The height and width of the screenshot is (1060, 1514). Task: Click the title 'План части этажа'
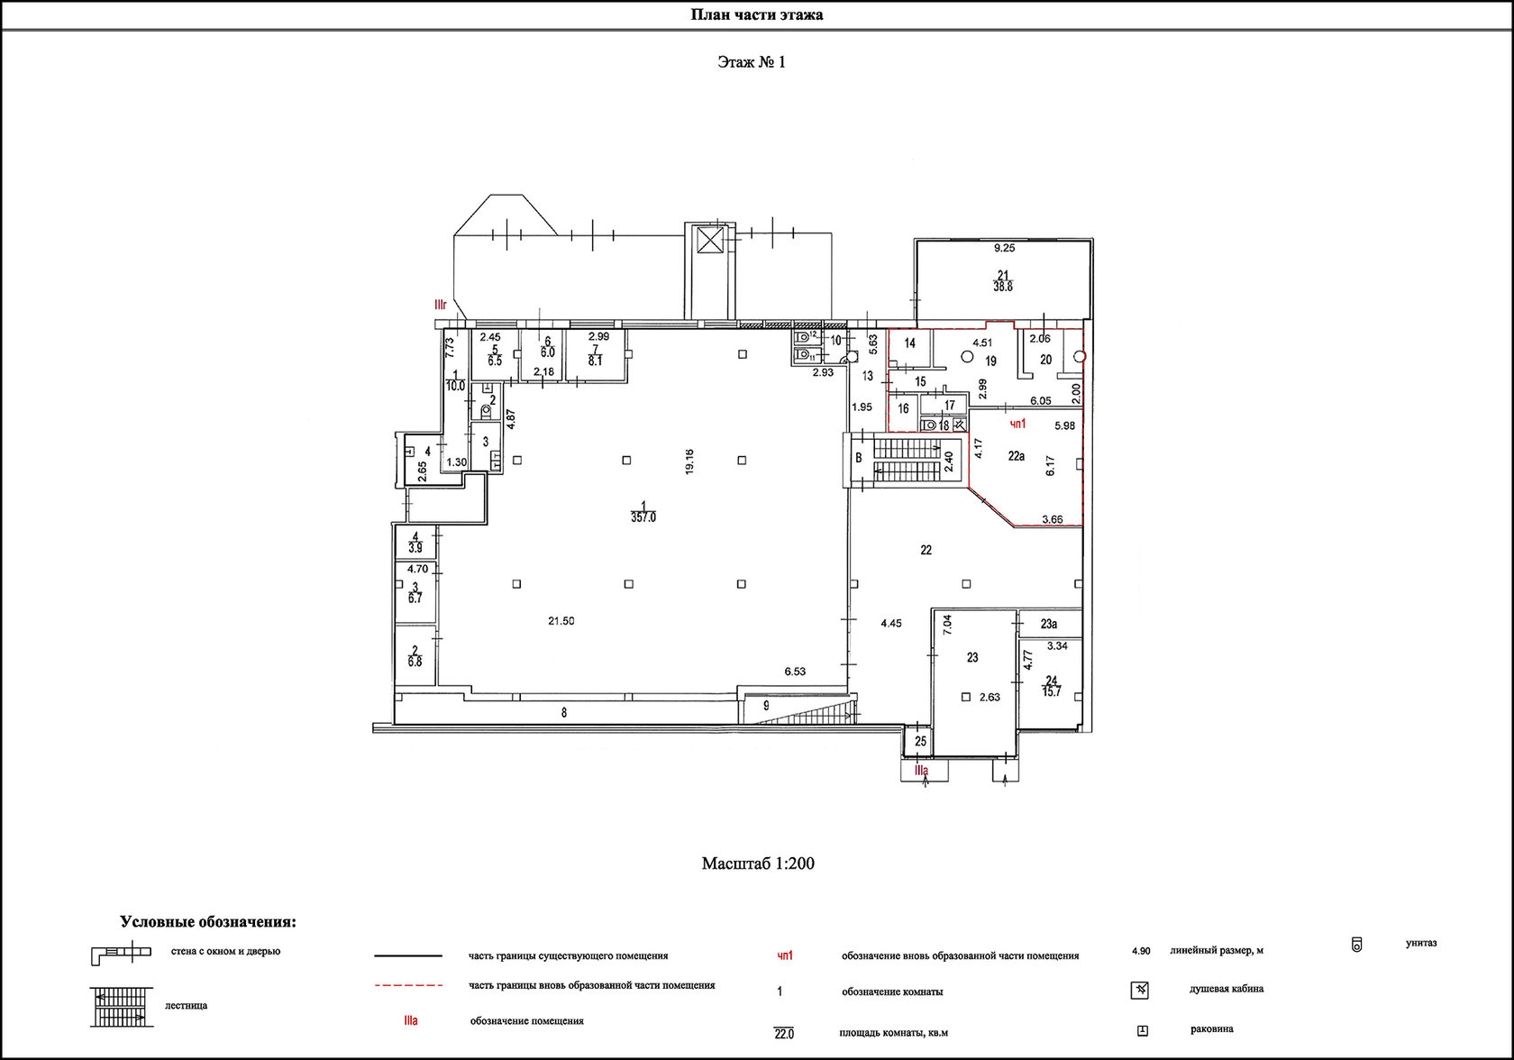tap(756, 14)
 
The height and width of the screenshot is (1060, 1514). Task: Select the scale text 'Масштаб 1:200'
tap(758, 864)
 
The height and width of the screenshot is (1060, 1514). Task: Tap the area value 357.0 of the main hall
tap(643, 517)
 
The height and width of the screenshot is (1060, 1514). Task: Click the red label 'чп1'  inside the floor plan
tap(1018, 424)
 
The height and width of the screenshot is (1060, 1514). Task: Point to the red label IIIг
tap(441, 305)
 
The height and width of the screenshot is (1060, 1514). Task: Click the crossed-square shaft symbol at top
tap(710, 240)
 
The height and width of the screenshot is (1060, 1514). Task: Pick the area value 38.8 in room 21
tap(1003, 287)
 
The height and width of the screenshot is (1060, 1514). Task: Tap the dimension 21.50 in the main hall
tap(561, 620)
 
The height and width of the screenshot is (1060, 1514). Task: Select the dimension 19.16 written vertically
tap(689, 461)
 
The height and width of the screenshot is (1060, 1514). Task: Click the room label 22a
tap(1016, 456)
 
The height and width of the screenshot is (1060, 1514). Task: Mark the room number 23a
tap(1049, 624)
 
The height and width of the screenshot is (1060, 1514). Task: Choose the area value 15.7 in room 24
tap(1052, 691)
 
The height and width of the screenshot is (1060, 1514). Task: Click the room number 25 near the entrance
tap(921, 741)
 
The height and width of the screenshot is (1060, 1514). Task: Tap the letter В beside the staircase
tap(859, 458)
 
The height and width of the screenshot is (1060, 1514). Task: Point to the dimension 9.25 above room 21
tap(1004, 248)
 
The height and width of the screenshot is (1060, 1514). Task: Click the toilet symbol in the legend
tap(1356, 945)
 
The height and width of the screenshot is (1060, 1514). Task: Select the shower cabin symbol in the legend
tap(1140, 991)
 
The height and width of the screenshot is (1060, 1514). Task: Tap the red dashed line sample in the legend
tap(408, 985)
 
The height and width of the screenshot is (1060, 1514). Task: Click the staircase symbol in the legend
tap(122, 1008)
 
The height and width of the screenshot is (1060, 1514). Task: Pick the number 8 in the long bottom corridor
tap(564, 712)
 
